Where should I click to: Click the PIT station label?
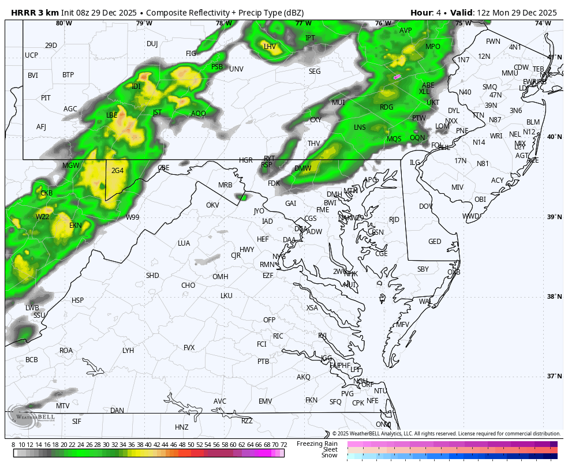[46, 98]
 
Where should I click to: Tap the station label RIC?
[278, 336]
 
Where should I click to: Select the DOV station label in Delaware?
[426, 206]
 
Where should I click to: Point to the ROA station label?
[66, 351]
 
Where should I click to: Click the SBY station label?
[423, 269]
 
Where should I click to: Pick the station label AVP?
[406, 31]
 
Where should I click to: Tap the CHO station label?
[188, 285]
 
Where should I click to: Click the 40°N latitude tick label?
[554, 137]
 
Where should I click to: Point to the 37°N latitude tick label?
[554, 377]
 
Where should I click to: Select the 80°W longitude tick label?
[64, 23]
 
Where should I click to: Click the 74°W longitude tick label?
[543, 23]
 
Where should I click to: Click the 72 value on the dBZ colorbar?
[283, 445]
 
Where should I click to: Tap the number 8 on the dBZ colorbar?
[13, 445]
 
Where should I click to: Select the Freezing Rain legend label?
[317, 444]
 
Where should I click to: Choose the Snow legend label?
[329, 456]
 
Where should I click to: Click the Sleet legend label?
[330, 449]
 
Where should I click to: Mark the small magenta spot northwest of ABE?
[397, 76]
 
